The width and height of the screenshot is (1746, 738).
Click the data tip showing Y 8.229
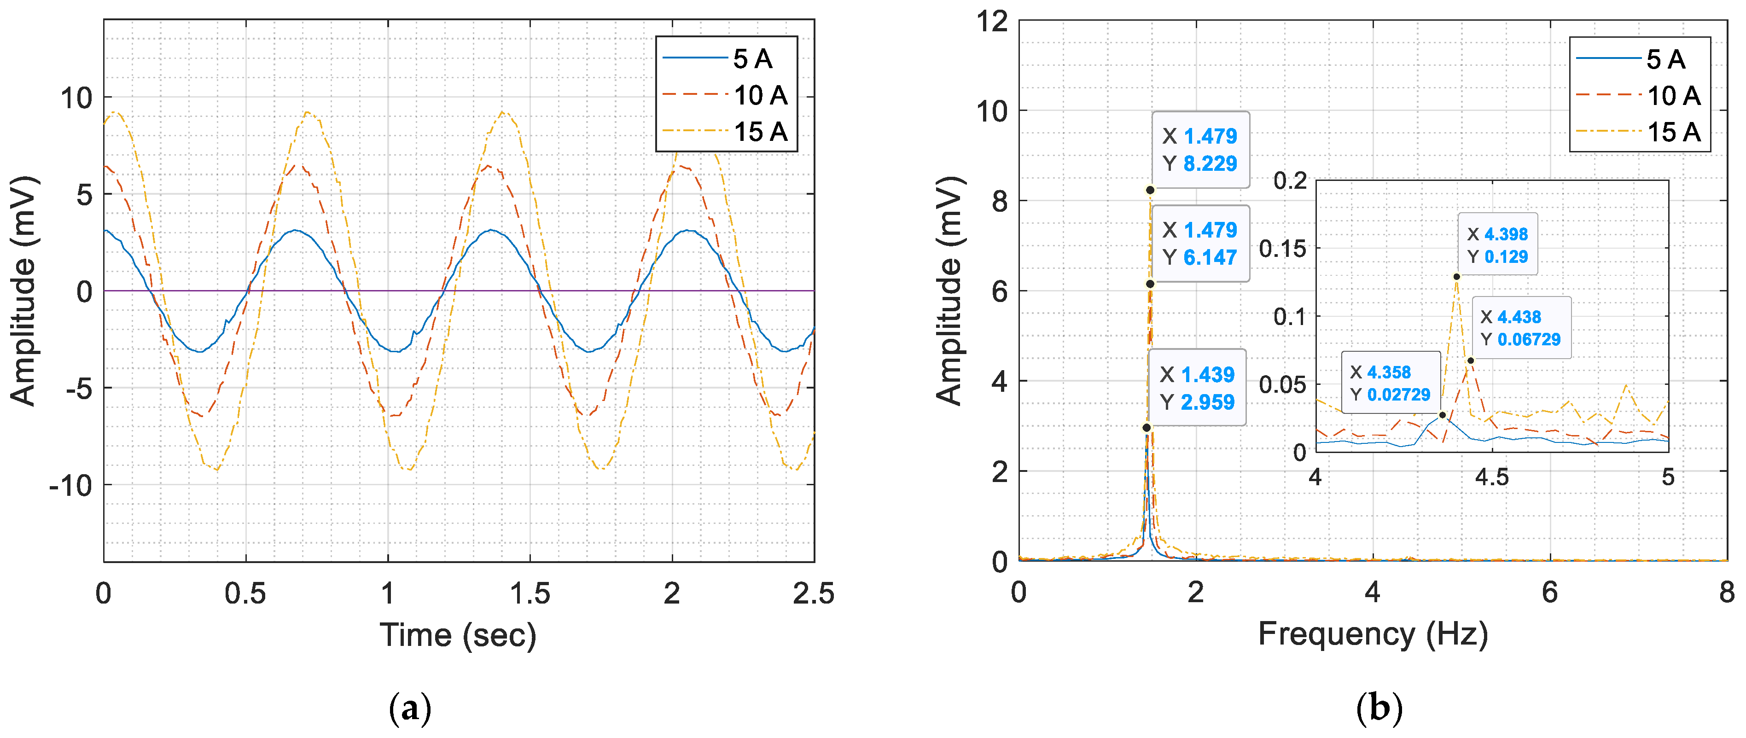tap(1200, 150)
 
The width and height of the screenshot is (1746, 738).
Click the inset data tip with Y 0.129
tap(1497, 244)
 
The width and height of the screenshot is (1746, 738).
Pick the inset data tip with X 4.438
tap(1520, 328)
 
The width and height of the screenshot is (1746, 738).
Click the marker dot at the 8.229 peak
tap(1150, 191)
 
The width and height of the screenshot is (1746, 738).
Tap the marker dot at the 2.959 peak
tap(1146, 428)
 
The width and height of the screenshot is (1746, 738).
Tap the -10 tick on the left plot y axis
tap(70, 485)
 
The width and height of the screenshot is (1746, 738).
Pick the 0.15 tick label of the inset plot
tap(1282, 249)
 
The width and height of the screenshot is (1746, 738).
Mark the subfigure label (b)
tap(1379, 709)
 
